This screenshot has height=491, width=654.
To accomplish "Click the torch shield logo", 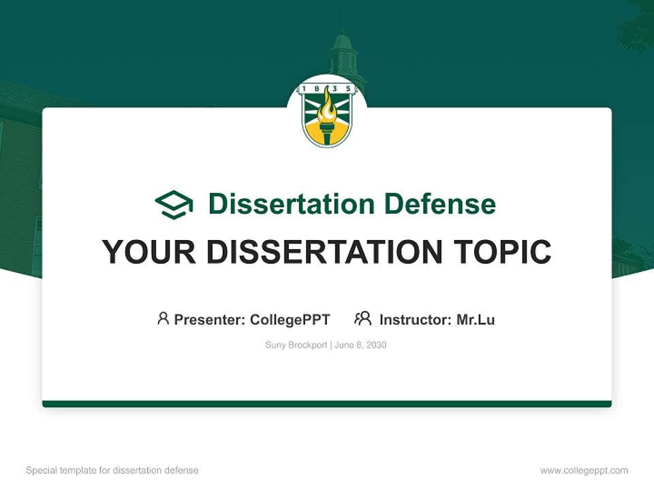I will [327, 115].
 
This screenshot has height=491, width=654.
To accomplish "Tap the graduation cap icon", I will [174, 204].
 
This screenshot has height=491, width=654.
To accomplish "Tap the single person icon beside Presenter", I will [163, 318].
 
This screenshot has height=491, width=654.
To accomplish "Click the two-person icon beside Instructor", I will [362, 318].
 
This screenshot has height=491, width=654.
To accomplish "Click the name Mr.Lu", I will [476, 319].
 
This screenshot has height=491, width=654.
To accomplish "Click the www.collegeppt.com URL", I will [584, 471].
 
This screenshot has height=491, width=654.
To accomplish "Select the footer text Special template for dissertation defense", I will [112, 471].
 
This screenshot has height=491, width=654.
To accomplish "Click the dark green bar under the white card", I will [327, 404].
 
